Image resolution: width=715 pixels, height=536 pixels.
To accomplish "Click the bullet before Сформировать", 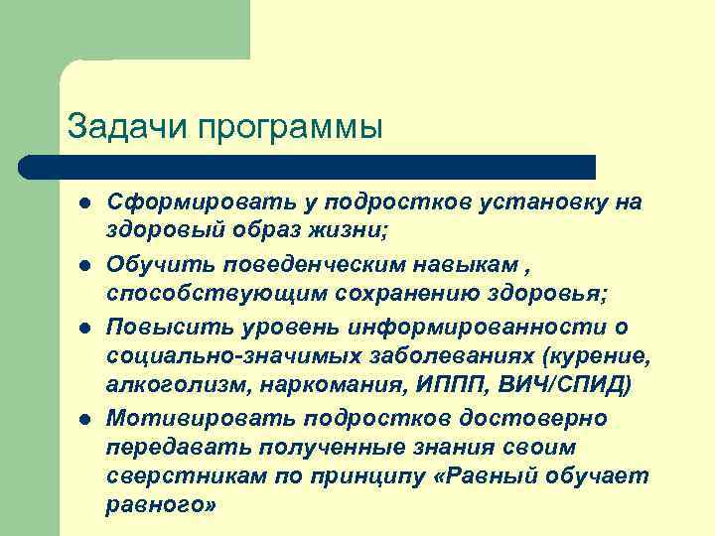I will coord(86,203).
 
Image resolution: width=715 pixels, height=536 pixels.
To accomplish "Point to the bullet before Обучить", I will coord(86,266).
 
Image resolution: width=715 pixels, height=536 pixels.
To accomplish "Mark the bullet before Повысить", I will coord(86,329).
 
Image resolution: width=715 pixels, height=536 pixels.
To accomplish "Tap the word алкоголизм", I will coord(169,386).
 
